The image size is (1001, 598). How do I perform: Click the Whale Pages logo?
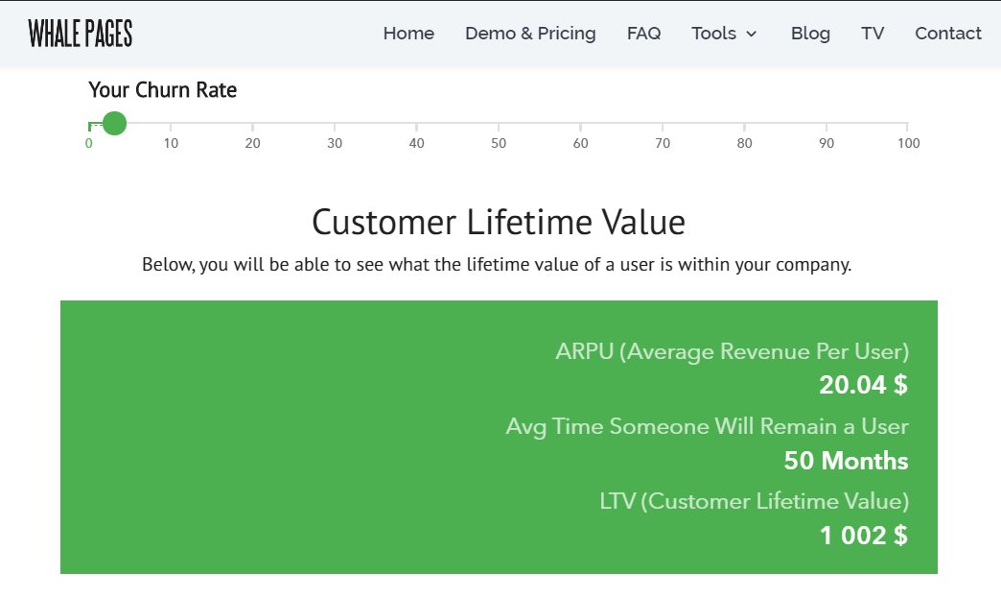[81, 34]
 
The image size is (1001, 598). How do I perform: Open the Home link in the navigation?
[408, 34]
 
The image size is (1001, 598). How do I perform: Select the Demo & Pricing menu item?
[530, 34]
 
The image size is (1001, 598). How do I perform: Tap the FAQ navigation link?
[643, 34]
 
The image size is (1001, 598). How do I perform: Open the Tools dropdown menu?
[724, 34]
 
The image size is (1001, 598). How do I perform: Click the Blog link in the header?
[810, 34]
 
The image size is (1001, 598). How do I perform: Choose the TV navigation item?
[873, 34]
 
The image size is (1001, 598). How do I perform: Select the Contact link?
[947, 34]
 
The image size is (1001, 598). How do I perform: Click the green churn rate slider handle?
[114, 123]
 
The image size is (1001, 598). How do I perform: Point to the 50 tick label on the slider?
[499, 144]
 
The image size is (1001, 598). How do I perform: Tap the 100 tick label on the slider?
[908, 144]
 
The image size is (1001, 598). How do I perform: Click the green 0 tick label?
[89, 144]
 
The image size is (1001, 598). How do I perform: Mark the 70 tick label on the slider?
[663, 144]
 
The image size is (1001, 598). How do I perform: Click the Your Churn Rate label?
[163, 90]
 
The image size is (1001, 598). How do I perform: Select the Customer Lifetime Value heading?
[499, 223]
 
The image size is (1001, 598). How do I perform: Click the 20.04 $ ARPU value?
[863, 386]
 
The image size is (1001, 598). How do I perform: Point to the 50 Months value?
[846, 461]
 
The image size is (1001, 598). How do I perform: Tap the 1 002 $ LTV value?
[863, 536]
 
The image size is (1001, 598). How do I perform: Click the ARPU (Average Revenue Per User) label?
[732, 351]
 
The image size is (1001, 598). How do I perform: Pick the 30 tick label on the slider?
[335, 144]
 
